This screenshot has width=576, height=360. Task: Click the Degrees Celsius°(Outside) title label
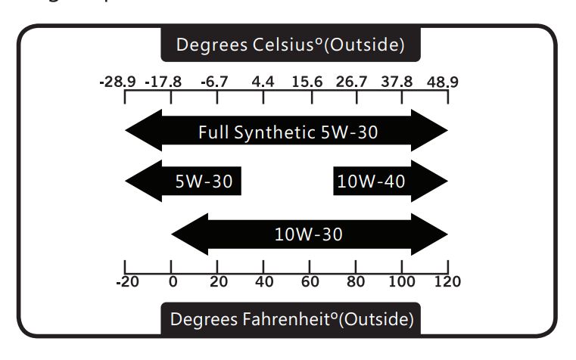(x=290, y=45)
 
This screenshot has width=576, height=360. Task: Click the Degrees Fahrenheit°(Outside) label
(x=291, y=319)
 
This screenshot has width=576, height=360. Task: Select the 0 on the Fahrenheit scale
(x=172, y=282)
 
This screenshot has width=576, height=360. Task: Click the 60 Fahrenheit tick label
(x=310, y=282)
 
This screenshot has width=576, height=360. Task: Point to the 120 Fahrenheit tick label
(x=447, y=282)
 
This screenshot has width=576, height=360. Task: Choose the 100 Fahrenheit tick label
(x=402, y=282)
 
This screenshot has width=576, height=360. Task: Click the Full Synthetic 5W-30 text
(x=288, y=133)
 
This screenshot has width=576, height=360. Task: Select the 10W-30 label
(x=308, y=234)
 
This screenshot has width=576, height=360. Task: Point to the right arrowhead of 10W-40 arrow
(x=430, y=182)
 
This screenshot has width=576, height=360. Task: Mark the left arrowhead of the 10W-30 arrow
(x=190, y=234)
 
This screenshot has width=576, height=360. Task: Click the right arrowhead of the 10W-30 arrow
(x=430, y=234)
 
